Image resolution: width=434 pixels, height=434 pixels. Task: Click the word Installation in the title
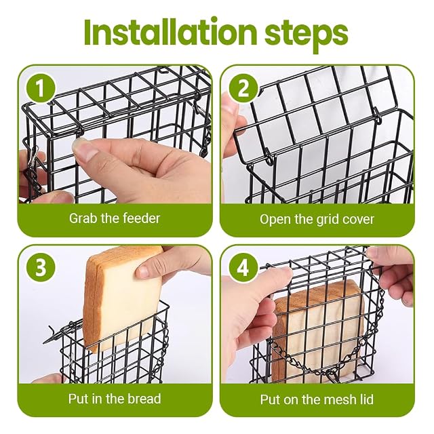click(171, 32)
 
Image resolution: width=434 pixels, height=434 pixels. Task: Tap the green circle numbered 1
click(41, 89)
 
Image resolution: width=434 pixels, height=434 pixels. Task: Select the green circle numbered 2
click(243, 89)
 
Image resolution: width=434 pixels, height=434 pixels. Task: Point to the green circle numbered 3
click(41, 268)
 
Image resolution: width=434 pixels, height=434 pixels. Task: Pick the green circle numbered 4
click(243, 268)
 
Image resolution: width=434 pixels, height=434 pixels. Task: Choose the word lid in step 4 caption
click(366, 399)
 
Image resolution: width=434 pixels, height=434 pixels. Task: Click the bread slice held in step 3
click(123, 299)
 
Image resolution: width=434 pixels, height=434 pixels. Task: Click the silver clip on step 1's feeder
click(33, 161)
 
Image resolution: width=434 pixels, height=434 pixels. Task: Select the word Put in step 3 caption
click(77, 399)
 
